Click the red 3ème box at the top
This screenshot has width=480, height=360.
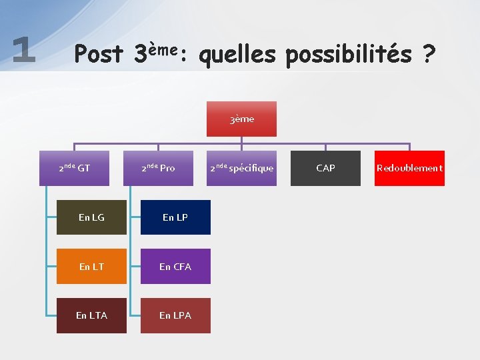pos(241,119)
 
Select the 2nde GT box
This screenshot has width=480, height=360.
pos(74,168)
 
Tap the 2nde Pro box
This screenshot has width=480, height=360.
pos(158,168)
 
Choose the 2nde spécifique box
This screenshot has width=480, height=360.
pos(241,168)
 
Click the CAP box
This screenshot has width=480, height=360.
pos(325,168)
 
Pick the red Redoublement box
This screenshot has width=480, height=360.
pos(409,168)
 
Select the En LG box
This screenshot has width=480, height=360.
pos(91,217)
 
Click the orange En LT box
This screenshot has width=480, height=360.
pos(91,267)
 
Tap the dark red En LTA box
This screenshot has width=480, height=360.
pos(91,315)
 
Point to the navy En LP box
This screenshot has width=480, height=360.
pos(175,217)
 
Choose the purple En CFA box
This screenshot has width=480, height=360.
pos(175,267)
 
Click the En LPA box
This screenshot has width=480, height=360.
pos(175,315)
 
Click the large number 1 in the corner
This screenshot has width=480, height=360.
pos(24,49)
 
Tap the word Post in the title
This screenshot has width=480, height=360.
pos(99,53)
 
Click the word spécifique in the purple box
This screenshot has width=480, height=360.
pos(251,169)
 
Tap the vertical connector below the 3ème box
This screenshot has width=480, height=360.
pos(241,140)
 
